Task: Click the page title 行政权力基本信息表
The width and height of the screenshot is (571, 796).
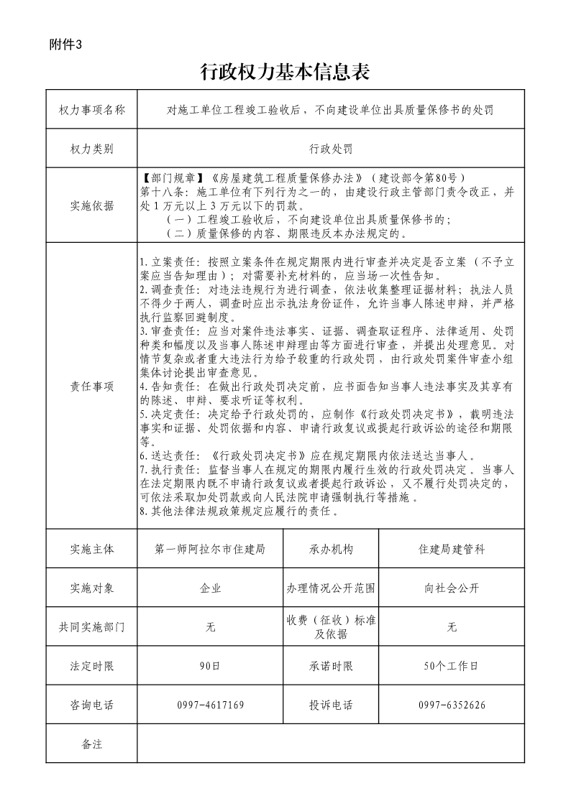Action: coord(285,73)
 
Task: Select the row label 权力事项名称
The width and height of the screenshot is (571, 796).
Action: coord(92,110)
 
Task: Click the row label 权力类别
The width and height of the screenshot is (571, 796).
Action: coord(92,149)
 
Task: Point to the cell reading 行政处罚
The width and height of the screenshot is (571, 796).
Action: coord(331,149)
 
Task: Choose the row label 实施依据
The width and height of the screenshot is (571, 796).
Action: coord(92,205)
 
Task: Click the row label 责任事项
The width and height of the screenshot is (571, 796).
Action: coord(92,387)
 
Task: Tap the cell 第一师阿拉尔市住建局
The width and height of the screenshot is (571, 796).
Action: coord(210,549)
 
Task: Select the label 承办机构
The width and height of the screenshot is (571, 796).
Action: coord(331,549)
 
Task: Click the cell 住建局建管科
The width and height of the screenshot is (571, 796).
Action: coord(452,549)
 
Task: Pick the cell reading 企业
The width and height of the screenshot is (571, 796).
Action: coord(210,588)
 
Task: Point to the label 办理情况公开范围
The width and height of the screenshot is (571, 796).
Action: coord(331,588)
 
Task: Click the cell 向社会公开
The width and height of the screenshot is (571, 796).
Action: coord(452,588)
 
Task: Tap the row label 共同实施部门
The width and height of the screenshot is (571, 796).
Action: coord(92,627)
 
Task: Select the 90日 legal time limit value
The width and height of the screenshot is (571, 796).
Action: coord(210,666)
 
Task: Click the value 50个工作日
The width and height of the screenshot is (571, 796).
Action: coord(452,666)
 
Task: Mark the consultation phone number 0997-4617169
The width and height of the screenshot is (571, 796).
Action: coord(210,705)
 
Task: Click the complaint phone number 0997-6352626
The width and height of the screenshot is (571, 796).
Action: coord(452,705)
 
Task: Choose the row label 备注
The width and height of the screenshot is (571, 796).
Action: coord(92,744)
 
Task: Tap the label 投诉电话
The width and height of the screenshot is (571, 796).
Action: coord(331,705)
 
